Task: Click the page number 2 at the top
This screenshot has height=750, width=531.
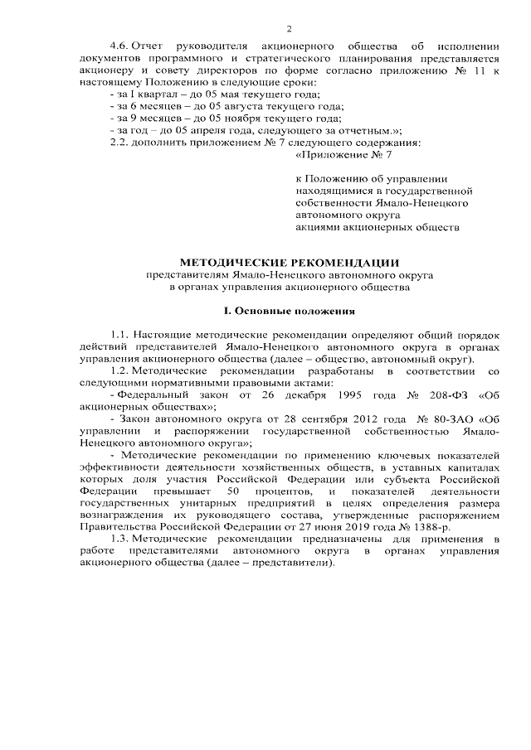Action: point(265,28)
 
